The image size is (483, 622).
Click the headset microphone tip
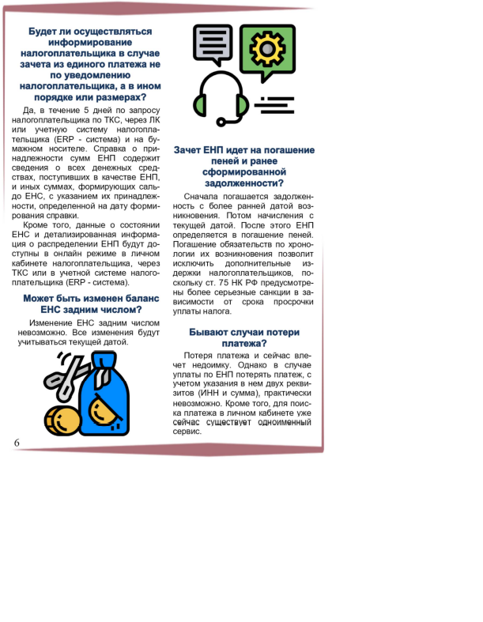(x=222, y=122)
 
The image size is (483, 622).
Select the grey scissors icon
(x=63, y=375)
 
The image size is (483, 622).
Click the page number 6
(x=17, y=443)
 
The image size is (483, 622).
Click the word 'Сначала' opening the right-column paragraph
(x=202, y=195)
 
